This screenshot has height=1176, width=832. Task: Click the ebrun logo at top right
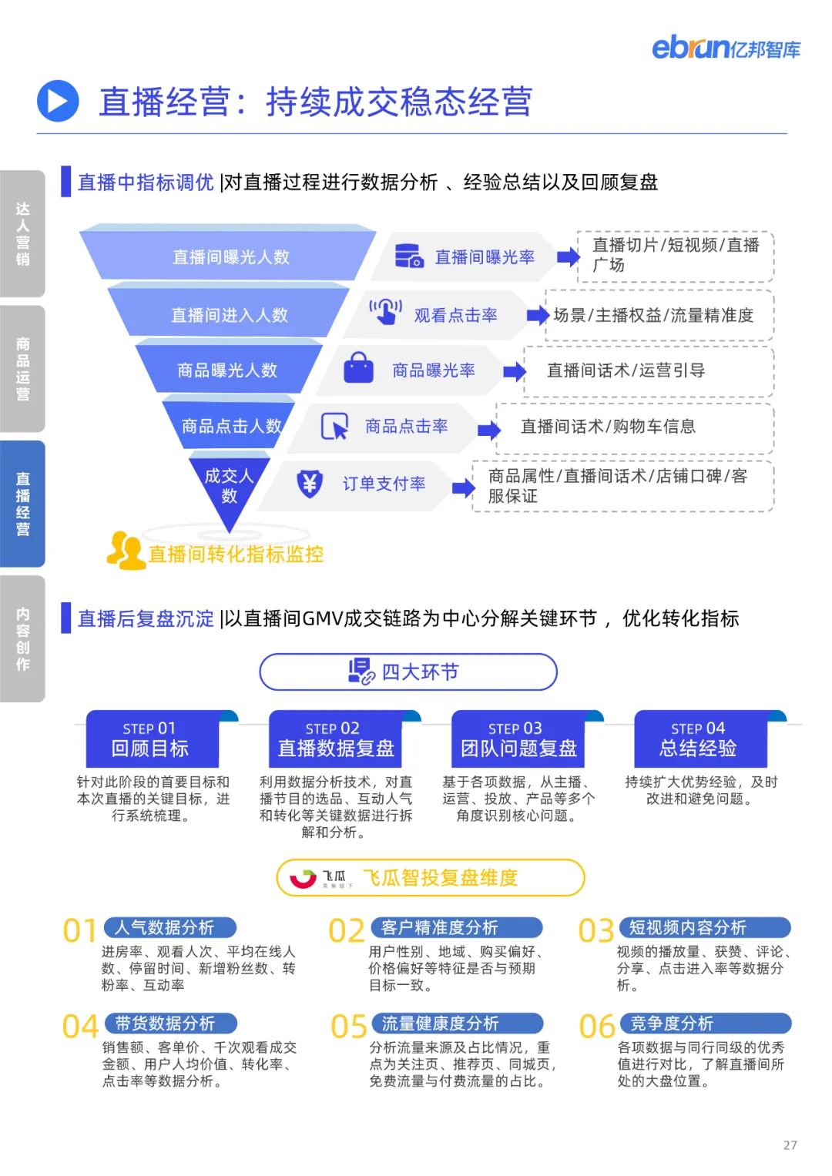tap(726, 48)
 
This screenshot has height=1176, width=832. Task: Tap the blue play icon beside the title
tap(58, 102)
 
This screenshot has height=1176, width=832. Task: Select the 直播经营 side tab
tap(22, 504)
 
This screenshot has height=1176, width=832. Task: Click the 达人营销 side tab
tap(22, 233)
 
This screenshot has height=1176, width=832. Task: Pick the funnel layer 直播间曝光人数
tap(230, 256)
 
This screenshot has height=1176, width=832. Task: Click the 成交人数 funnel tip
tap(229, 486)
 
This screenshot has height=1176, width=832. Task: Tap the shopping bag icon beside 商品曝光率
tap(358, 369)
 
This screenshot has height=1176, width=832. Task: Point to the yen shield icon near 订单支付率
tap(310, 484)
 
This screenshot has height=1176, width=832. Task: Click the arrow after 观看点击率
tap(537, 315)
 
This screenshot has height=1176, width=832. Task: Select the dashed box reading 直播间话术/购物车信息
tap(635, 427)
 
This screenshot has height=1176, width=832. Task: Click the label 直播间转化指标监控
tap(235, 554)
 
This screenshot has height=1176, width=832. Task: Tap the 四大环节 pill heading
tap(408, 672)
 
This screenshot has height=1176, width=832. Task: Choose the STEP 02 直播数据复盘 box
tap(335, 739)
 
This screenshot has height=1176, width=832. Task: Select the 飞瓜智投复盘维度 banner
tap(431, 877)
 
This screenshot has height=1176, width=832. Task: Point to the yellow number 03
tap(596, 931)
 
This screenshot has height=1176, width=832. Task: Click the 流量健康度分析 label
tap(440, 1024)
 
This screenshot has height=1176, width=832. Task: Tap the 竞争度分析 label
tap(672, 1024)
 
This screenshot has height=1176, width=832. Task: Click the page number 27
tap(790, 1145)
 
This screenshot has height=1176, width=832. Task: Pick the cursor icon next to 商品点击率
tap(334, 427)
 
